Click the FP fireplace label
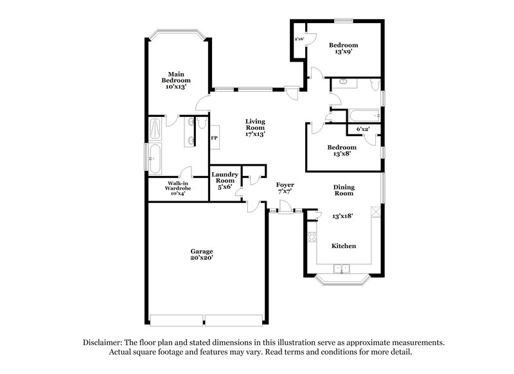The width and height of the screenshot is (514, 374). [x=215, y=138]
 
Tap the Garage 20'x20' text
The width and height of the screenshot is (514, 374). [x=201, y=254]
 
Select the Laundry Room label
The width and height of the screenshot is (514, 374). [x=225, y=178]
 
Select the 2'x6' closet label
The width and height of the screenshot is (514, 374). [x=299, y=40]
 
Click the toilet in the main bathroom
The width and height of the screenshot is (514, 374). [x=201, y=121]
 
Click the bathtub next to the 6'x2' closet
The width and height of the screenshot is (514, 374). [x=364, y=116]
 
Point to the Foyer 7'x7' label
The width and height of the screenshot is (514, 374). [x=285, y=188]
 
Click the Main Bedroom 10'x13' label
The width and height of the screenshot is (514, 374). [x=176, y=80]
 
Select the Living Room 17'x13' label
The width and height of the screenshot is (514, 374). [x=256, y=127]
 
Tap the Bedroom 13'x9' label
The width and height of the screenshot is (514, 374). [x=343, y=48]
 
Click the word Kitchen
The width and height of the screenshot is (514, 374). [x=343, y=246]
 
